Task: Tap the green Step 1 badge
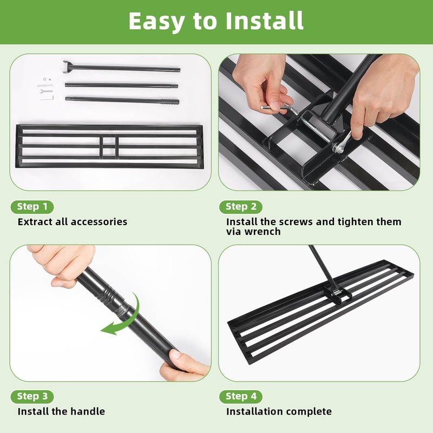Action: point(32,207)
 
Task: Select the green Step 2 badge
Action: point(241,207)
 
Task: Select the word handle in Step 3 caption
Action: point(88,412)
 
